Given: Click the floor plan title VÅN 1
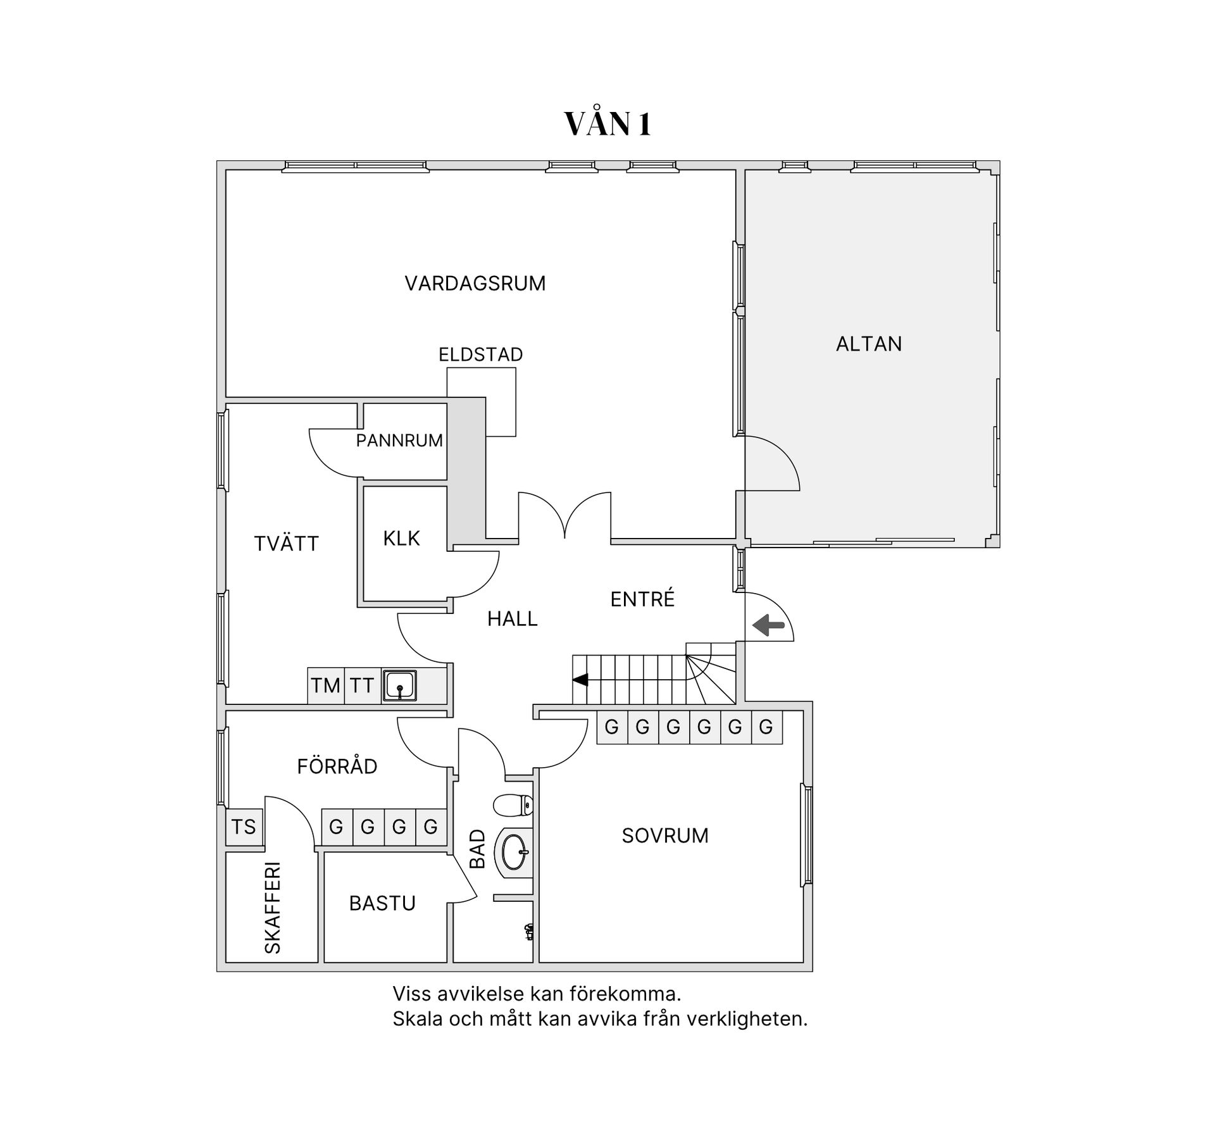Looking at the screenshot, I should [607, 124].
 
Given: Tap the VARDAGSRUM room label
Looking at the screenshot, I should [475, 283].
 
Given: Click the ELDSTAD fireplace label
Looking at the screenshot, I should [480, 354].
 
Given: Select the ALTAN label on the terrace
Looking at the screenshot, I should [868, 344].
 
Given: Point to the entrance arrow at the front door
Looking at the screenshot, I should [768, 625].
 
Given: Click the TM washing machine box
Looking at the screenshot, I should [326, 685].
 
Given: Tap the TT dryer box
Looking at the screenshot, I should [363, 685].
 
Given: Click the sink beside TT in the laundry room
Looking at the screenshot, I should [399, 685].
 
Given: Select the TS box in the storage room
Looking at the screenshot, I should [244, 827].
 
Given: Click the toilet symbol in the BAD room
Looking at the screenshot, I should [513, 805].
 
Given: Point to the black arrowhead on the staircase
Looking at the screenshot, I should [580, 680].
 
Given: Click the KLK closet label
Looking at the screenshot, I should [401, 539].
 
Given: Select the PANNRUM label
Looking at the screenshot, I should [399, 441].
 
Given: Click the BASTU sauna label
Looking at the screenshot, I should [382, 903].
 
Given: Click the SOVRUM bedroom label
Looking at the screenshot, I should [664, 835].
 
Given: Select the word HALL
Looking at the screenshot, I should [512, 618].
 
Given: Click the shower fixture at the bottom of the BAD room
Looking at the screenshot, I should [529, 931].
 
